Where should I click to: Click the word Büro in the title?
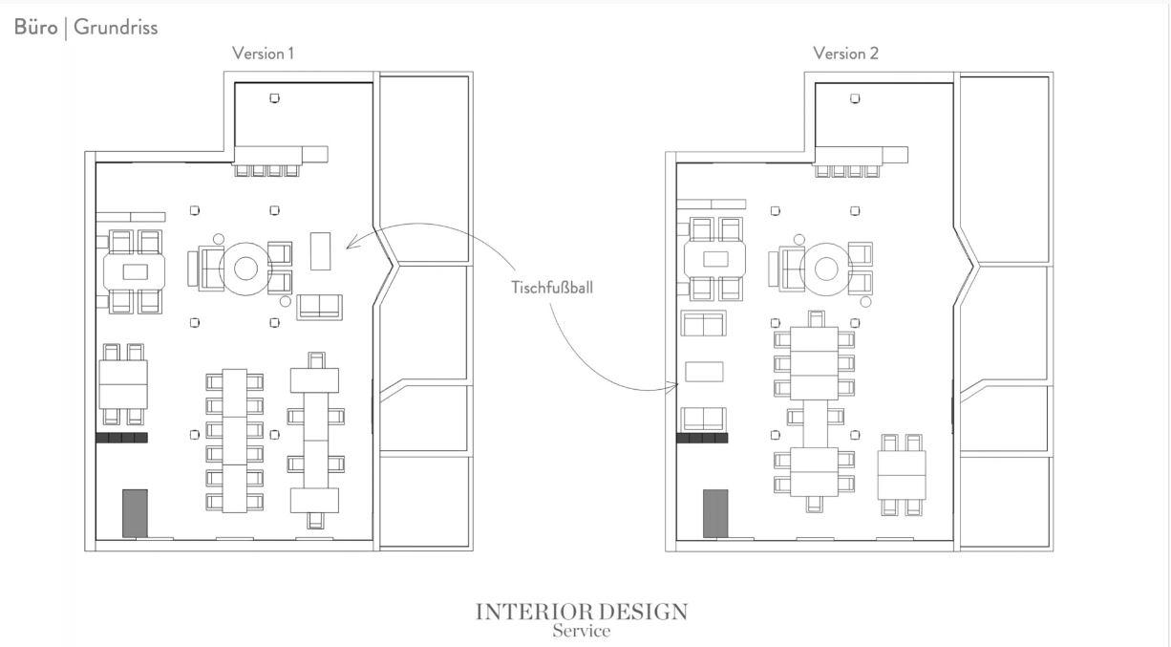click(35, 27)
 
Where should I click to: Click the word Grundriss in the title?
click(116, 27)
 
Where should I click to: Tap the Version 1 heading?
click(263, 54)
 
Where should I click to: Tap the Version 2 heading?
click(846, 54)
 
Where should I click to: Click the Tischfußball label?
click(552, 288)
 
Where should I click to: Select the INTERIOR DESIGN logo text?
click(582, 612)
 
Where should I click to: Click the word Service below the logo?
click(582, 631)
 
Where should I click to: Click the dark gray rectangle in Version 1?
click(135, 513)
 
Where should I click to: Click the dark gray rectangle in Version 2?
click(715, 513)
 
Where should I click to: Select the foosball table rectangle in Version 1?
click(321, 251)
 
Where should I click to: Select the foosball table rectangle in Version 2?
click(704, 372)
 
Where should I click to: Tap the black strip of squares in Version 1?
click(122, 438)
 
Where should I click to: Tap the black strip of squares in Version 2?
click(702, 438)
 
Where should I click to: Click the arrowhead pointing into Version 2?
click(674, 386)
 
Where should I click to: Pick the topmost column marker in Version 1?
click(274, 97)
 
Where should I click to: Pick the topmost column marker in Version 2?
click(855, 98)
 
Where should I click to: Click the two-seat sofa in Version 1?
click(319, 307)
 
